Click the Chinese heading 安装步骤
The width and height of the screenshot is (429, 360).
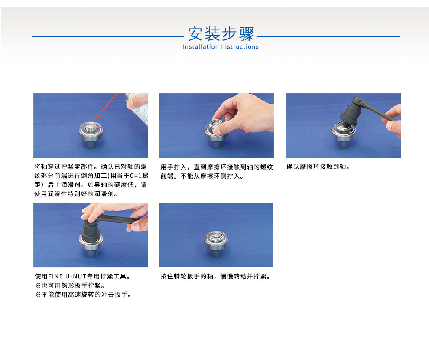[x=221, y=34]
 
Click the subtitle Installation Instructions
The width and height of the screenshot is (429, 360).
[x=221, y=47]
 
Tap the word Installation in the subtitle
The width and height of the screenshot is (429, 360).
[x=201, y=47]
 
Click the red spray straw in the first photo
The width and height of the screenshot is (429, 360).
[x=106, y=107]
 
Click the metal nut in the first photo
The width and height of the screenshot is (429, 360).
[x=91, y=131]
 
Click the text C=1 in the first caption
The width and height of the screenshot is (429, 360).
[x=136, y=176]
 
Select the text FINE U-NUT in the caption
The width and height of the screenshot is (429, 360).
[x=67, y=276]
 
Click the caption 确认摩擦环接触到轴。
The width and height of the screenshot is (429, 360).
[x=318, y=167]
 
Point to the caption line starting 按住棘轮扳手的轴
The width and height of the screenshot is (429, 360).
[x=216, y=276]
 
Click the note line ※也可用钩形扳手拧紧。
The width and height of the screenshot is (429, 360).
[x=70, y=285]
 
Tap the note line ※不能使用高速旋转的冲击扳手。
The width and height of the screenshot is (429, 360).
[x=83, y=295]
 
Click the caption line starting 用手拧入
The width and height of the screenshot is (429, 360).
[x=217, y=167]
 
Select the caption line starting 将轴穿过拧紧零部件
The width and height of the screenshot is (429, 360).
[x=91, y=167]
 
